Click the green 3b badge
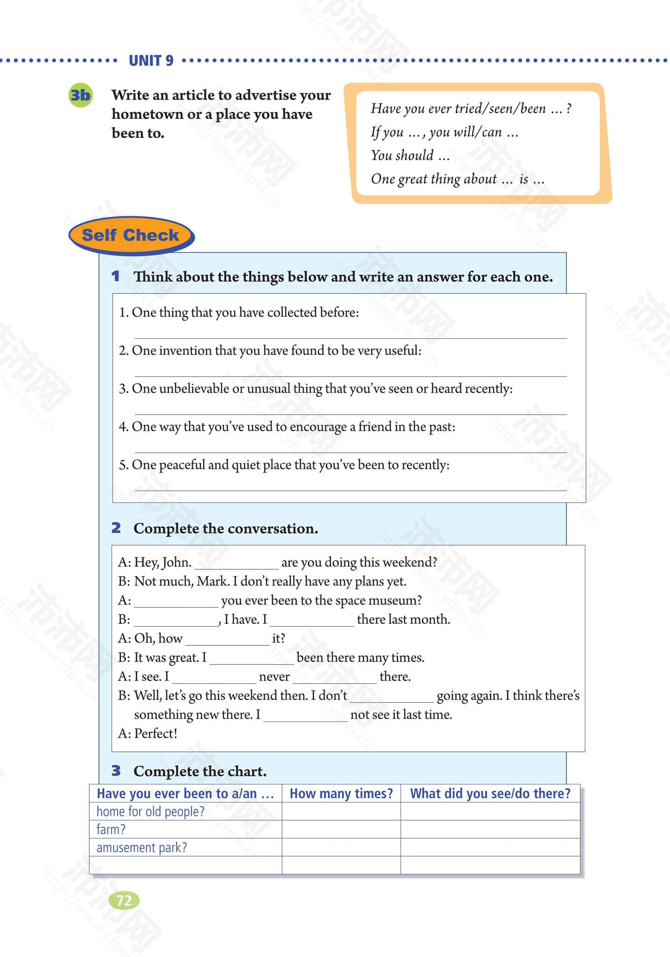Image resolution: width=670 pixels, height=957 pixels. [x=80, y=95]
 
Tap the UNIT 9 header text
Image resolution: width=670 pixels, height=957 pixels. [x=151, y=61]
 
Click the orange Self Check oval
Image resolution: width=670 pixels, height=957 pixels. [x=130, y=235]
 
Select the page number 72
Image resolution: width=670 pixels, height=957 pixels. [x=124, y=900]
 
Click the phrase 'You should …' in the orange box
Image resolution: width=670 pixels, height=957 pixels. [x=410, y=155]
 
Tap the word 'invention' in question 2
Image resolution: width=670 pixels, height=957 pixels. [x=185, y=350]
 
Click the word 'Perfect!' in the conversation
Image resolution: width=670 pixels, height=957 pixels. [x=156, y=734]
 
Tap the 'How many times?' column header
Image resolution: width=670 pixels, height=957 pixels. [x=341, y=793]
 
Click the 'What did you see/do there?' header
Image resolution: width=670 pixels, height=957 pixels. [x=490, y=793]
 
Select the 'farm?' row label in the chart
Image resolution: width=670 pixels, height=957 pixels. [x=111, y=829]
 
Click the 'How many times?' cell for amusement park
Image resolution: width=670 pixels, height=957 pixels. [x=341, y=847]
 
